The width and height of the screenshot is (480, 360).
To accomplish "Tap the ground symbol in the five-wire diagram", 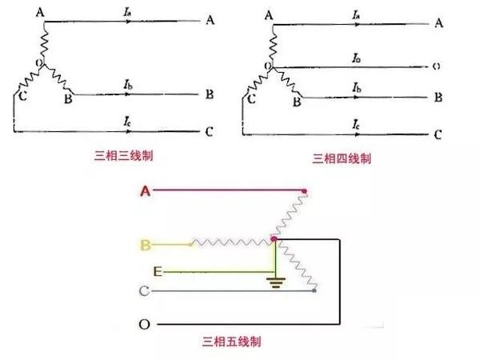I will (276, 282).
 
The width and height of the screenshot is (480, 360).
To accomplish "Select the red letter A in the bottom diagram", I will (145, 190).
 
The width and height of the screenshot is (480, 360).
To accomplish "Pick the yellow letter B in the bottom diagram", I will (146, 244).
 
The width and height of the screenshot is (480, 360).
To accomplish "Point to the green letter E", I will (158, 273).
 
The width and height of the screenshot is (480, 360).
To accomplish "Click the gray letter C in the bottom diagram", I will (145, 291).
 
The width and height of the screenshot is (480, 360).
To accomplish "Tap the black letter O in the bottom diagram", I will (145, 325).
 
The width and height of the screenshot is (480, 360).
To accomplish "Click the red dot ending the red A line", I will (304, 191).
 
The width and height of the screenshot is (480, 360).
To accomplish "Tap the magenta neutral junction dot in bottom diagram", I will (274, 238).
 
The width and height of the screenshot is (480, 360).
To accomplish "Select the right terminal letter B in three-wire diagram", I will (209, 94).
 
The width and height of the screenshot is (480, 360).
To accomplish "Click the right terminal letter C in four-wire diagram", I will (438, 134).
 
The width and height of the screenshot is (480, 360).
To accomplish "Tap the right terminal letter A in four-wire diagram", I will (438, 22).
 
